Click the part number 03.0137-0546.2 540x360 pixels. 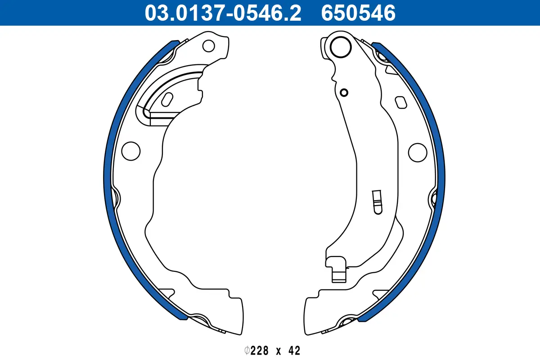[223, 13]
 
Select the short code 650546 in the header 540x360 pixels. [358, 13]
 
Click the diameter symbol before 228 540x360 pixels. [247, 351]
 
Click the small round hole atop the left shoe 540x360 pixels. [208, 45]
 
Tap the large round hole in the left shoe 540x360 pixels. [131, 150]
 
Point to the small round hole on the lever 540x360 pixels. [344, 93]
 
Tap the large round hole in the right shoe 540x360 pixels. [417, 151]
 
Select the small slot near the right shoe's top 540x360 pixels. [400, 102]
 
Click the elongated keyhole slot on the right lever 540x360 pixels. [377, 201]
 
